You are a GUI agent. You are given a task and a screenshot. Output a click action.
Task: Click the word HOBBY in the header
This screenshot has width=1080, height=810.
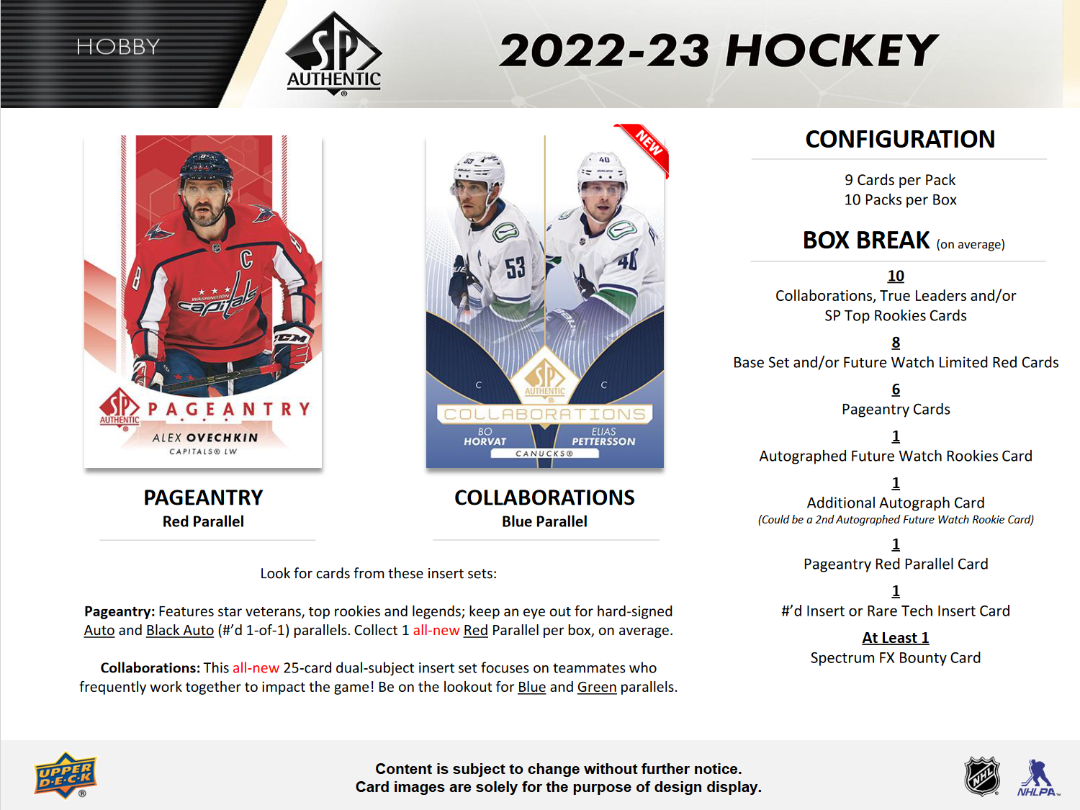click(118, 47)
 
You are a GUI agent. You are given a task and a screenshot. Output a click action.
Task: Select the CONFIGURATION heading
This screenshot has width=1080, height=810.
click(899, 139)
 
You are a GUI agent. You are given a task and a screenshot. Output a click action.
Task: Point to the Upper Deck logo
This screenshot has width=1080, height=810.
click(65, 775)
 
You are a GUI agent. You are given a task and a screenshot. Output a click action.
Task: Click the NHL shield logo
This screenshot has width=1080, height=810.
click(982, 776)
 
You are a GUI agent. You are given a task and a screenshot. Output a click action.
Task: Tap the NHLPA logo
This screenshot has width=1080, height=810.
click(1038, 778)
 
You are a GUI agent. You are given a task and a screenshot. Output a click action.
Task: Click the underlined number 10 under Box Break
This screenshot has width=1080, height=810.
click(896, 276)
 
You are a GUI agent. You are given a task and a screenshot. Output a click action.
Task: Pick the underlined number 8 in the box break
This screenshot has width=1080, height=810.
click(896, 343)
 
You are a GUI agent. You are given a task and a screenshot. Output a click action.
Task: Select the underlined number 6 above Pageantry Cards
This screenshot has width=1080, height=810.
click(896, 390)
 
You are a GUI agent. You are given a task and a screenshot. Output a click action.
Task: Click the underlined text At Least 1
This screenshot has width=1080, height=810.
click(896, 638)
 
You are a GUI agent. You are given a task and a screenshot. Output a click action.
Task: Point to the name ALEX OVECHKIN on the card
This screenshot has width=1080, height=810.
click(205, 438)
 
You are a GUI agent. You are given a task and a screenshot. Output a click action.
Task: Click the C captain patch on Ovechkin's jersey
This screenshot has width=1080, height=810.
click(246, 258)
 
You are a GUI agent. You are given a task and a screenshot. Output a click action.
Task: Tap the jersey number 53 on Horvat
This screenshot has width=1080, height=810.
click(515, 268)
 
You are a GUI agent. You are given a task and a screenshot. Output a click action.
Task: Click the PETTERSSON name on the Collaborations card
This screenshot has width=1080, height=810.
click(603, 441)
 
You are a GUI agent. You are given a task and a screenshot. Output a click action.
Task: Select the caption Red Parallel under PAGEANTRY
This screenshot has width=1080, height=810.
click(203, 521)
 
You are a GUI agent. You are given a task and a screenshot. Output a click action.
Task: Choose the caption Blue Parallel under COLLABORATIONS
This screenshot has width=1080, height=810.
click(544, 521)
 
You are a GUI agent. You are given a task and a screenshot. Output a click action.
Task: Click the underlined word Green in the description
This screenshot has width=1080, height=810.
click(597, 687)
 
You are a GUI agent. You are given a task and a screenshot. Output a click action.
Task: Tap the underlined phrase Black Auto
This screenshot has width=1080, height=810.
click(180, 630)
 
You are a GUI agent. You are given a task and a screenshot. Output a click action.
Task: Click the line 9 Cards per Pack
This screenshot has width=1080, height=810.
click(900, 180)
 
